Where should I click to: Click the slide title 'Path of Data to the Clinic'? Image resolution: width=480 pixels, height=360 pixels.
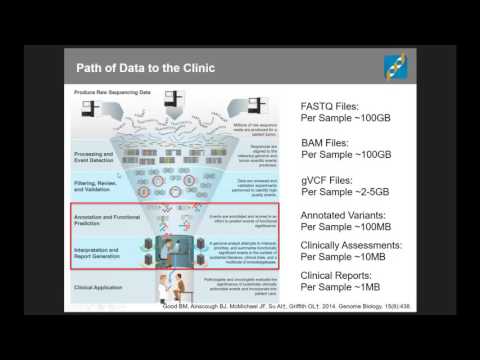coord(151,67)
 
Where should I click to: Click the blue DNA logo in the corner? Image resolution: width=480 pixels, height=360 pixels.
coord(396,67)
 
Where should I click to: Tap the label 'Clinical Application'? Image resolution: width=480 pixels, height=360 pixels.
coord(97,285)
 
